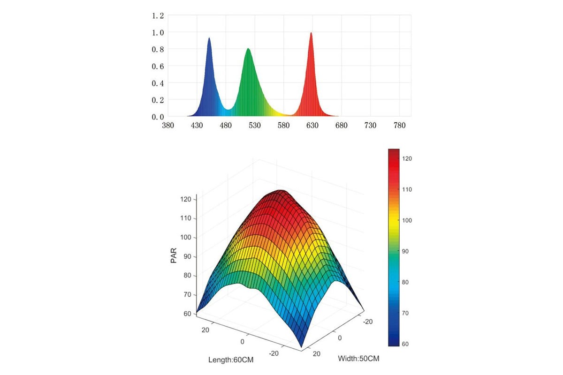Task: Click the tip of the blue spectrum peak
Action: point(209,38)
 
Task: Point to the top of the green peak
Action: point(248,49)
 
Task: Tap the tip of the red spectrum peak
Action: point(311,33)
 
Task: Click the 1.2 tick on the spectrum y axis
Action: point(158,15)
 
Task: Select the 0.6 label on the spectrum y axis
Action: point(158,66)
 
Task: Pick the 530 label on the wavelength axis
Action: point(254,126)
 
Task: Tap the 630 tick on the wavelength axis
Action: point(312,126)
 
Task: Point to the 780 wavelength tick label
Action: point(399,126)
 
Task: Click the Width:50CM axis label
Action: point(358,359)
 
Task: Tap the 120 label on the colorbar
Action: point(407,159)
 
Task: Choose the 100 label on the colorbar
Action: point(407,220)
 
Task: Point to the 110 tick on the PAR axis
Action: point(187,218)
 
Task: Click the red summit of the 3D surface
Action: point(280,191)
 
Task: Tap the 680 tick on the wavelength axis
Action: point(342,126)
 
